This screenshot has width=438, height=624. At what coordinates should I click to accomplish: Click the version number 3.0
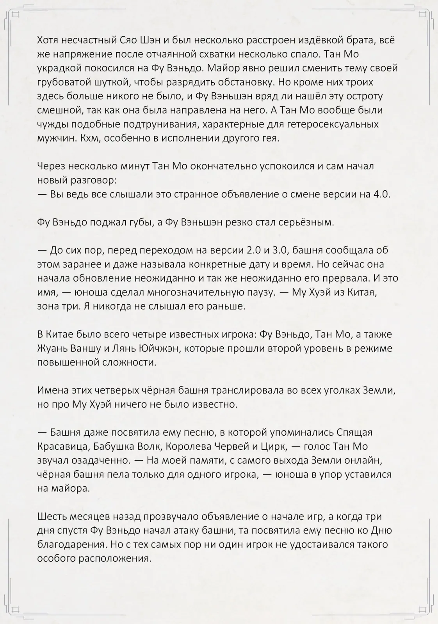[290, 250]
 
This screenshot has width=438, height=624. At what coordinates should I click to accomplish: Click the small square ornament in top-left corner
[16, 14]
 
